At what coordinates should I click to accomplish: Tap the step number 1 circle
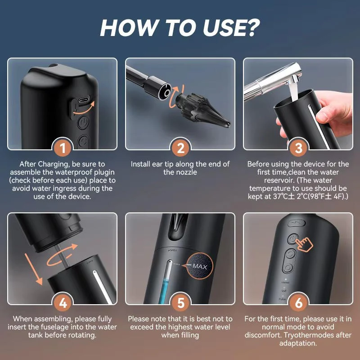(x=63, y=148)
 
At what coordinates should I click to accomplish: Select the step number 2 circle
(x=180, y=148)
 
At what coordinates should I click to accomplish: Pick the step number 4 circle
(x=63, y=303)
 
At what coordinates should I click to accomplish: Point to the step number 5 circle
(x=180, y=303)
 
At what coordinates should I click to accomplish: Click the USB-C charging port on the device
(x=82, y=99)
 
